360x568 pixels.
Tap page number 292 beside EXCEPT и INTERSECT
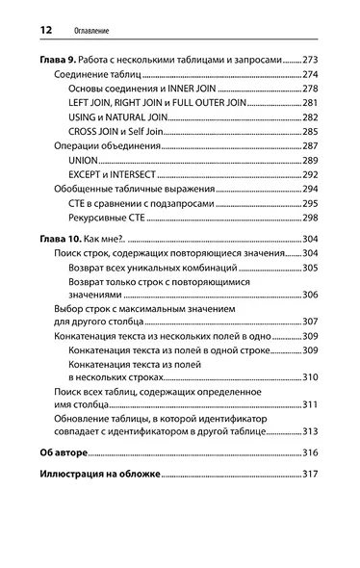(310, 175)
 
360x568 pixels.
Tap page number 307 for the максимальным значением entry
(310, 322)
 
